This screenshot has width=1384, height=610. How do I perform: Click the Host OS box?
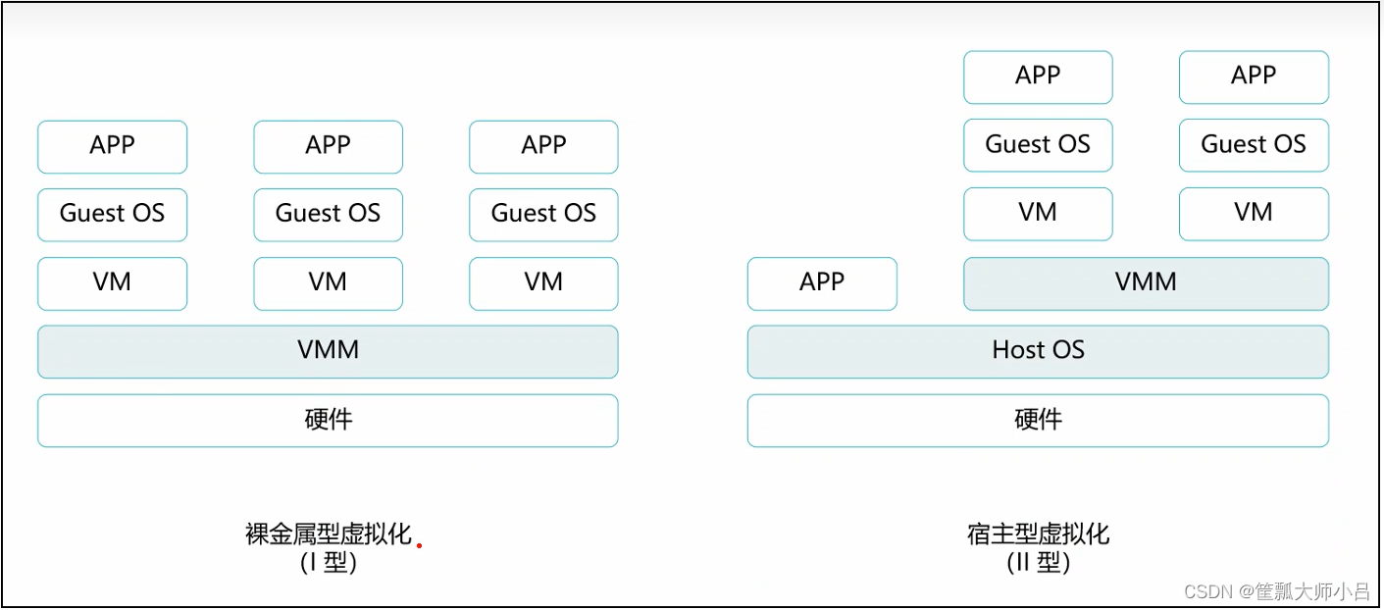click(x=1038, y=351)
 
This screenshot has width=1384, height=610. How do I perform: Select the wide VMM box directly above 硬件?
click(x=328, y=351)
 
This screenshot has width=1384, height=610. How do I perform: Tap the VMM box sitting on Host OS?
click(x=1146, y=283)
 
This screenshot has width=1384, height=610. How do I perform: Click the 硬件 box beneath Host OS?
click(x=1038, y=421)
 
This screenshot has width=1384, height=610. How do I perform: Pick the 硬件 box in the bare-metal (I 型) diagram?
click(x=328, y=421)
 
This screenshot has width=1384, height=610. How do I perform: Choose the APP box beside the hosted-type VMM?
click(x=822, y=283)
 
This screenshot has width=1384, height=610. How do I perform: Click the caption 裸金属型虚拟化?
click(x=328, y=534)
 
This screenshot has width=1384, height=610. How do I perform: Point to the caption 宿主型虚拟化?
click(x=1038, y=534)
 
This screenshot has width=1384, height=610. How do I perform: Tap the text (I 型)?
click(x=328, y=563)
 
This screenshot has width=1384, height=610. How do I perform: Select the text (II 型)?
click(x=1038, y=563)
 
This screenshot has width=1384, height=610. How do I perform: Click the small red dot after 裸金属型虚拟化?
click(x=419, y=545)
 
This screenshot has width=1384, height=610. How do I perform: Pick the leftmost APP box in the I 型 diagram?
click(x=112, y=146)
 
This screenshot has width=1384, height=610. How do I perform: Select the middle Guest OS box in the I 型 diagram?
click(x=328, y=215)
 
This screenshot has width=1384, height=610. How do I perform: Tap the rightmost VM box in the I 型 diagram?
click(x=543, y=283)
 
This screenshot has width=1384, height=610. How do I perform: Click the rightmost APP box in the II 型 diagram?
click(x=1254, y=76)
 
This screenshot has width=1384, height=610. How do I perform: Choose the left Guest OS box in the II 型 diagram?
click(x=1038, y=145)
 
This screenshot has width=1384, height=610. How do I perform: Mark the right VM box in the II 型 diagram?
click(x=1254, y=214)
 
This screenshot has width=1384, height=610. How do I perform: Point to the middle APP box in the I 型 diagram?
click(x=328, y=146)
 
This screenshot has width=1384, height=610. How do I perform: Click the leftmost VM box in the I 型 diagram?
click(x=112, y=283)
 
